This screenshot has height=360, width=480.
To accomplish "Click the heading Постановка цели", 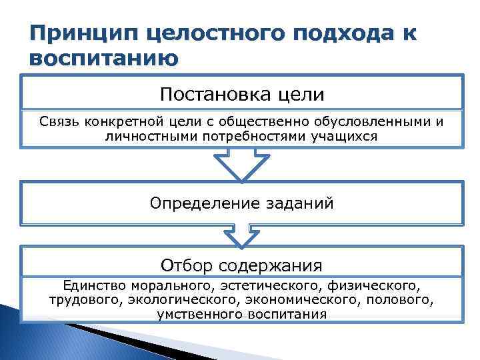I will (x=242, y=95).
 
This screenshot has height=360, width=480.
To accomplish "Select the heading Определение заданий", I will (x=241, y=203).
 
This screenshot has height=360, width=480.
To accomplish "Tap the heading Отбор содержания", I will (x=241, y=265).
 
